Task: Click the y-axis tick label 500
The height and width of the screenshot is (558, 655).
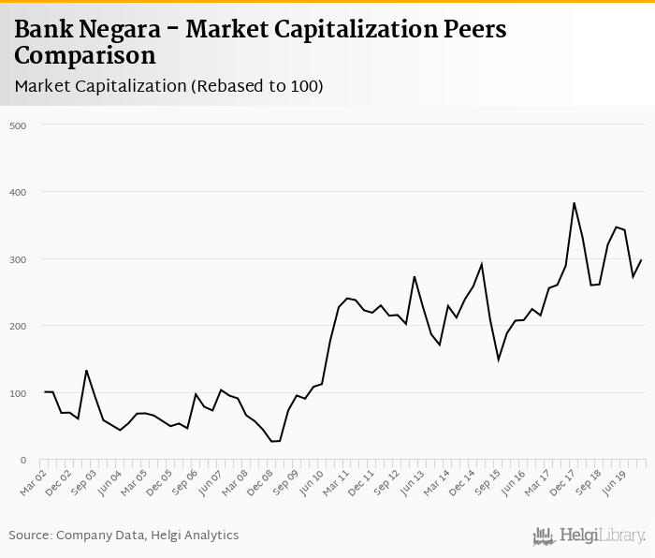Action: (x=17, y=125)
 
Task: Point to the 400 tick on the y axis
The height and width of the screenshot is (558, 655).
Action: (x=17, y=192)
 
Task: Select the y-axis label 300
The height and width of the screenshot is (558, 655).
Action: (x=17, y=259)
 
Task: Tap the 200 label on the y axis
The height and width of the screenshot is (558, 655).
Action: (x=17, y=326)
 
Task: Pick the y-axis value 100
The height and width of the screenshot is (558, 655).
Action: (x=17, y=393)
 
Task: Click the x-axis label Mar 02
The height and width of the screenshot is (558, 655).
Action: (x=35, y=480)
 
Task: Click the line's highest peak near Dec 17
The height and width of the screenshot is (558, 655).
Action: (x=574, y=203)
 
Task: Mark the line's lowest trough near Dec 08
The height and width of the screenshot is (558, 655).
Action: (x=271, y=441)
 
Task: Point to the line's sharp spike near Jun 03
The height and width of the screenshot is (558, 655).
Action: (x=86, y=371)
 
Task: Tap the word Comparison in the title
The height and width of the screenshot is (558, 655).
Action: (x=85, y=55)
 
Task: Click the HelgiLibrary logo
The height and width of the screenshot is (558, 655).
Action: (x=589, y=536)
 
